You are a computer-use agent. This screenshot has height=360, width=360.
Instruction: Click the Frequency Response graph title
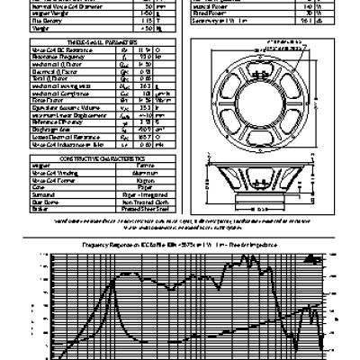point(180,245)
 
